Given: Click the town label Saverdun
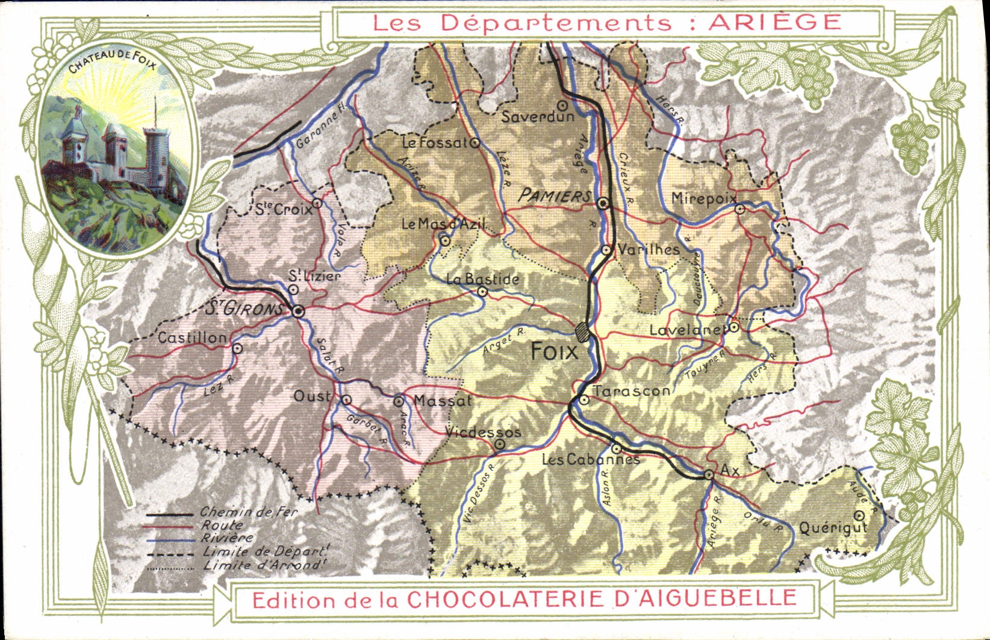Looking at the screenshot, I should coord(538,117).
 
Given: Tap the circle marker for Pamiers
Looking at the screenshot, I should coord(603,204).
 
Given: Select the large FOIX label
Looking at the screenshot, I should coord(554,351).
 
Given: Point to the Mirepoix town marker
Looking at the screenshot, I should coord(740,209).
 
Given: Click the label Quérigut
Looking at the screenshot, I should coord(833,528).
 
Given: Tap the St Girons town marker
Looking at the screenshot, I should coord(297,312).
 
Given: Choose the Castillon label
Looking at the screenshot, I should coord(192,338).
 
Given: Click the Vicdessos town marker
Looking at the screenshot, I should coord(500,445).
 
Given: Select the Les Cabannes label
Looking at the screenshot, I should coord(590,460).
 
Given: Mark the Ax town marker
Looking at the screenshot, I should coord(709,475).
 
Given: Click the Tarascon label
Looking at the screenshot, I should coord(631,391).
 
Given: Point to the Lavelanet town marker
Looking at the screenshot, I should coord(734,327).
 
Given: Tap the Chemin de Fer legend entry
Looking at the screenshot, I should coord(249,513).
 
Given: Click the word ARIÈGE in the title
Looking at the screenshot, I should coord(774,22).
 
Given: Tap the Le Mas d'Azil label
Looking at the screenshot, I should coord(443,224).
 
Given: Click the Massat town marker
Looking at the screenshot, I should coord(398,401).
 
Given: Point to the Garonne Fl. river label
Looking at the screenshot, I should coord(317,128).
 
